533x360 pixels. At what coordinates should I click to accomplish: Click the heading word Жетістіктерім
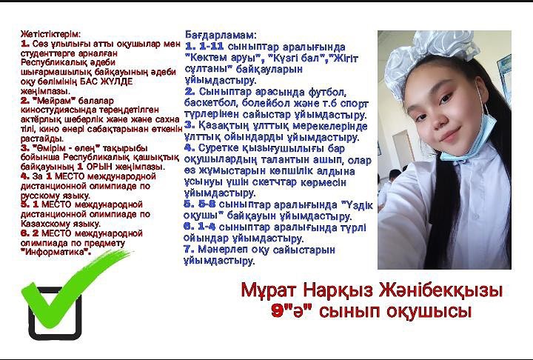[x=51, y=34]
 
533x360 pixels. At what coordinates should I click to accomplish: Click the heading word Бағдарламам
[x=221, y=35]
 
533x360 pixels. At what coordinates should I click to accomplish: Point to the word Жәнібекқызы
[x=441, y=291]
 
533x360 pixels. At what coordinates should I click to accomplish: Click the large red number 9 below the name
[x=279, y=311]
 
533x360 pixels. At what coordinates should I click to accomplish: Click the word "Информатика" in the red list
[x=56, y=253]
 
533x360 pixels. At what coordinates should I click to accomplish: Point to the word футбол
[x=327, y=92]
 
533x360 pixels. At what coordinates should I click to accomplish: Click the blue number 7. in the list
[x=189, y=250]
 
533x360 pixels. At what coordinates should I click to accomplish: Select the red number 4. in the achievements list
[x=25, y=176]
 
